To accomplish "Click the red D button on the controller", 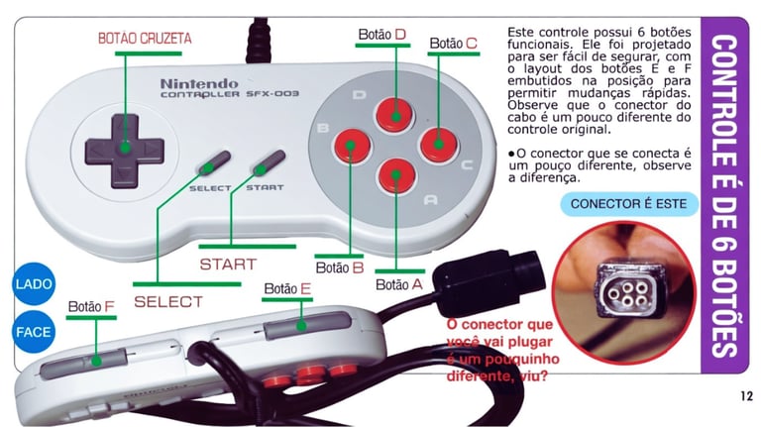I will coord(396,113).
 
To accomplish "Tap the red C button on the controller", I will coord(436,144).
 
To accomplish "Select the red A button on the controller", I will coord(395,175).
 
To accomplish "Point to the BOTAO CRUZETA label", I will coord(145,39).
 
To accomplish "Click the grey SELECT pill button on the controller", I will coord(212,164).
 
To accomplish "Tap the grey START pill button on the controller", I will coord(267,163).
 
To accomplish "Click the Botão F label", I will coord(92,306).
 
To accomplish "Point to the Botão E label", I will coord(287,289).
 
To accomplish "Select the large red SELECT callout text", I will coord(167,300).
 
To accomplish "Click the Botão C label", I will coord(454,44).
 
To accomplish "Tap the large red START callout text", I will coord(227,265).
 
